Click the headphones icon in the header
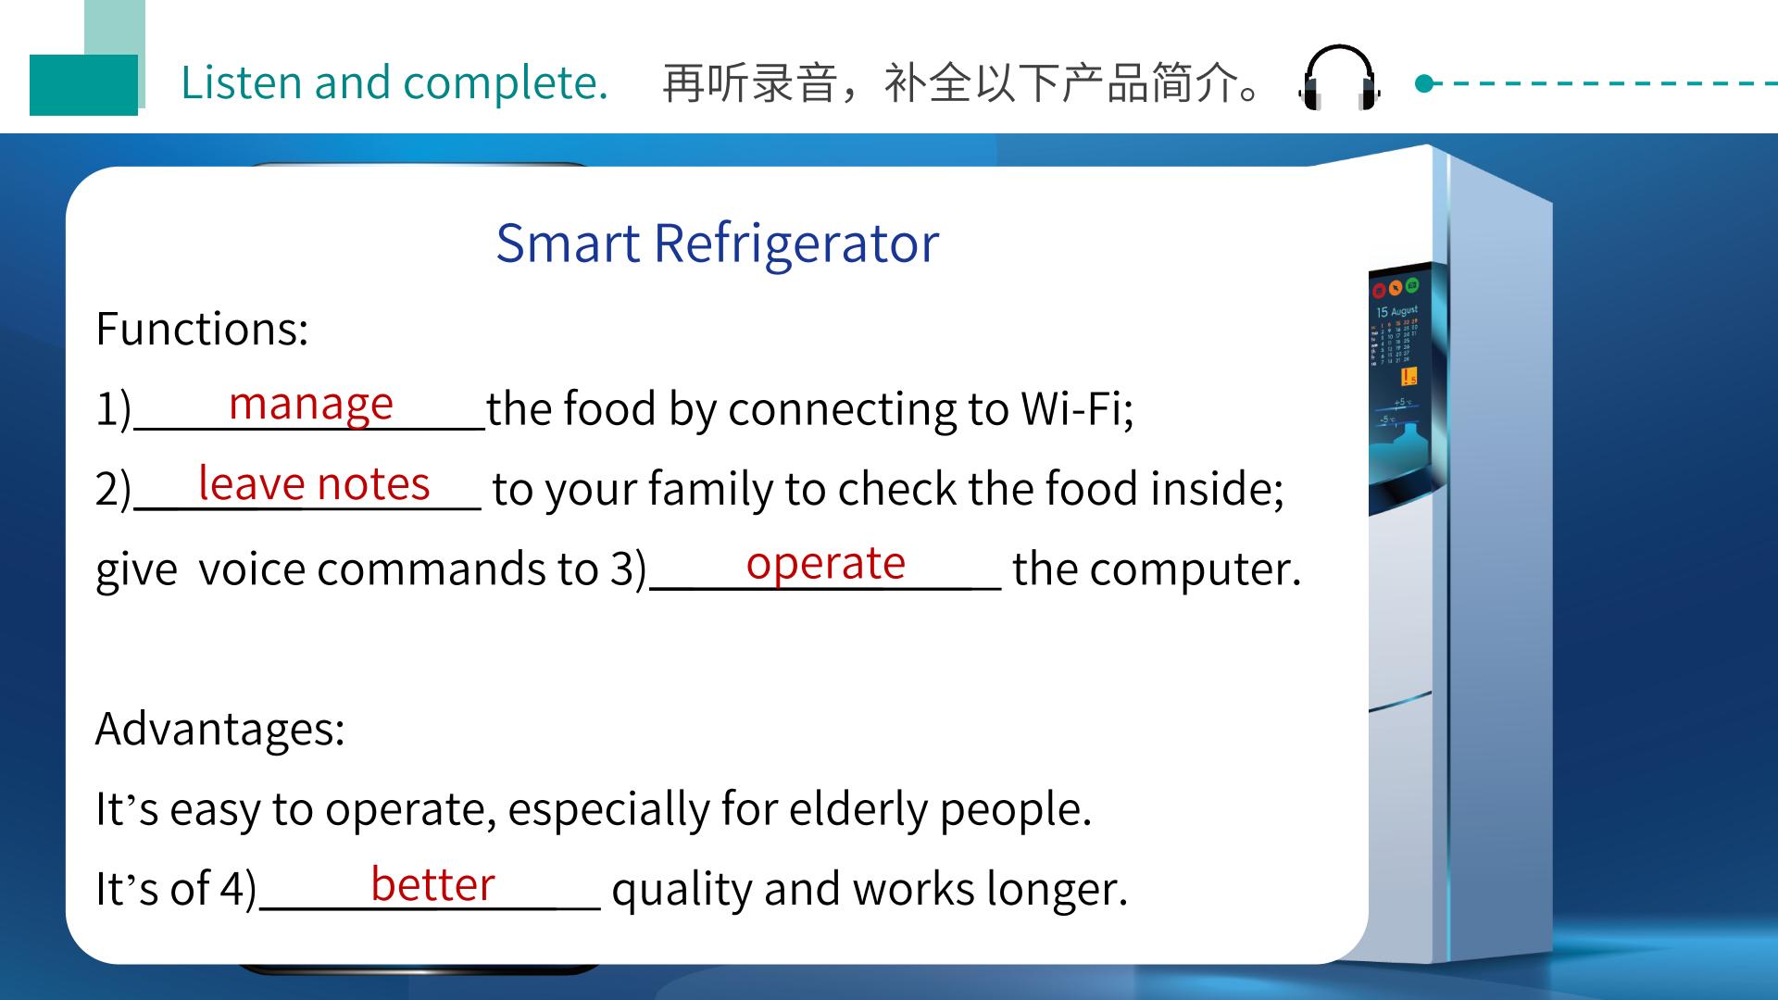[1340, 78]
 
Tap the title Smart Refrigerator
[717, 244]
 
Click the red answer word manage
[311, 405]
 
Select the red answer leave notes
[314, 483]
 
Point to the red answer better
[432, 884]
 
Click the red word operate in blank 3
[825, 565]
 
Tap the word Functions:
[202, 329]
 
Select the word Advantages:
[220, 729]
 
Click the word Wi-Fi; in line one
[1077, 408]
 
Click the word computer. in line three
[1196, 569]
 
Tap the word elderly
[858, 809]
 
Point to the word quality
[682, 890]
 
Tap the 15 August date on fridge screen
[1396, 312]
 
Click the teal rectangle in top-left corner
[83, 85]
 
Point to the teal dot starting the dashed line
[1424, 84]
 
